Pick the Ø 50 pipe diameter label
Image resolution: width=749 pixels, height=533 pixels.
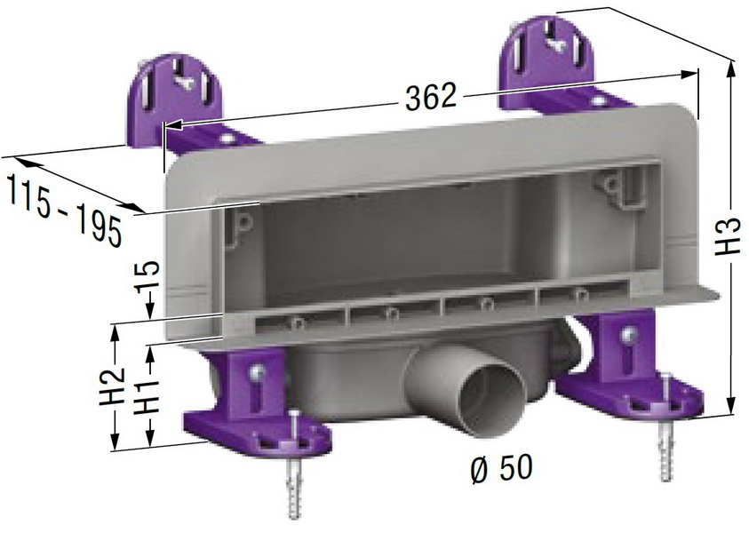pyautogui.click(x=502, y=467)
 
